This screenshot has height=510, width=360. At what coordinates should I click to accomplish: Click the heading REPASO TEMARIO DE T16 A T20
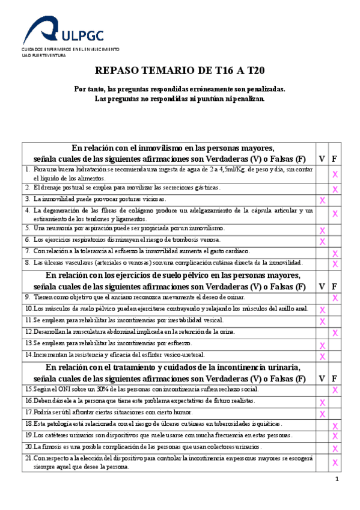pyautogui.click(x=180, y=70)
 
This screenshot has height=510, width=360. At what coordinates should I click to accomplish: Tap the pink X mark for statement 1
pyautogui.click(x=335, y=174)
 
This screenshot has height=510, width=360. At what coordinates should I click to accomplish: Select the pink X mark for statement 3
pyautogui.click(x=323, y=200)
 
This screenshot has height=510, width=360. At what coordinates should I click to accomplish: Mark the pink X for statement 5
pyautogui.click(x=323, y=230)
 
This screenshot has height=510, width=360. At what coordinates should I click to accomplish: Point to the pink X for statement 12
pyautogui.click(x=335, y=333)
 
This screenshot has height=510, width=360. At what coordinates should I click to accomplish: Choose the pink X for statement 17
pyautogui.click(x=323, y=414)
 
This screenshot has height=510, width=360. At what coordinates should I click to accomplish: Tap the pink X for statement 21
pyautogui.click(x=335, y=462)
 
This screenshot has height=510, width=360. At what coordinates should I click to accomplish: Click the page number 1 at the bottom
pyautogui.click(x=338, y=479)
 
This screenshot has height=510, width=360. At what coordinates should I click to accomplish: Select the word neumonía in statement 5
pyautogui.click(x=58, y=229)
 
